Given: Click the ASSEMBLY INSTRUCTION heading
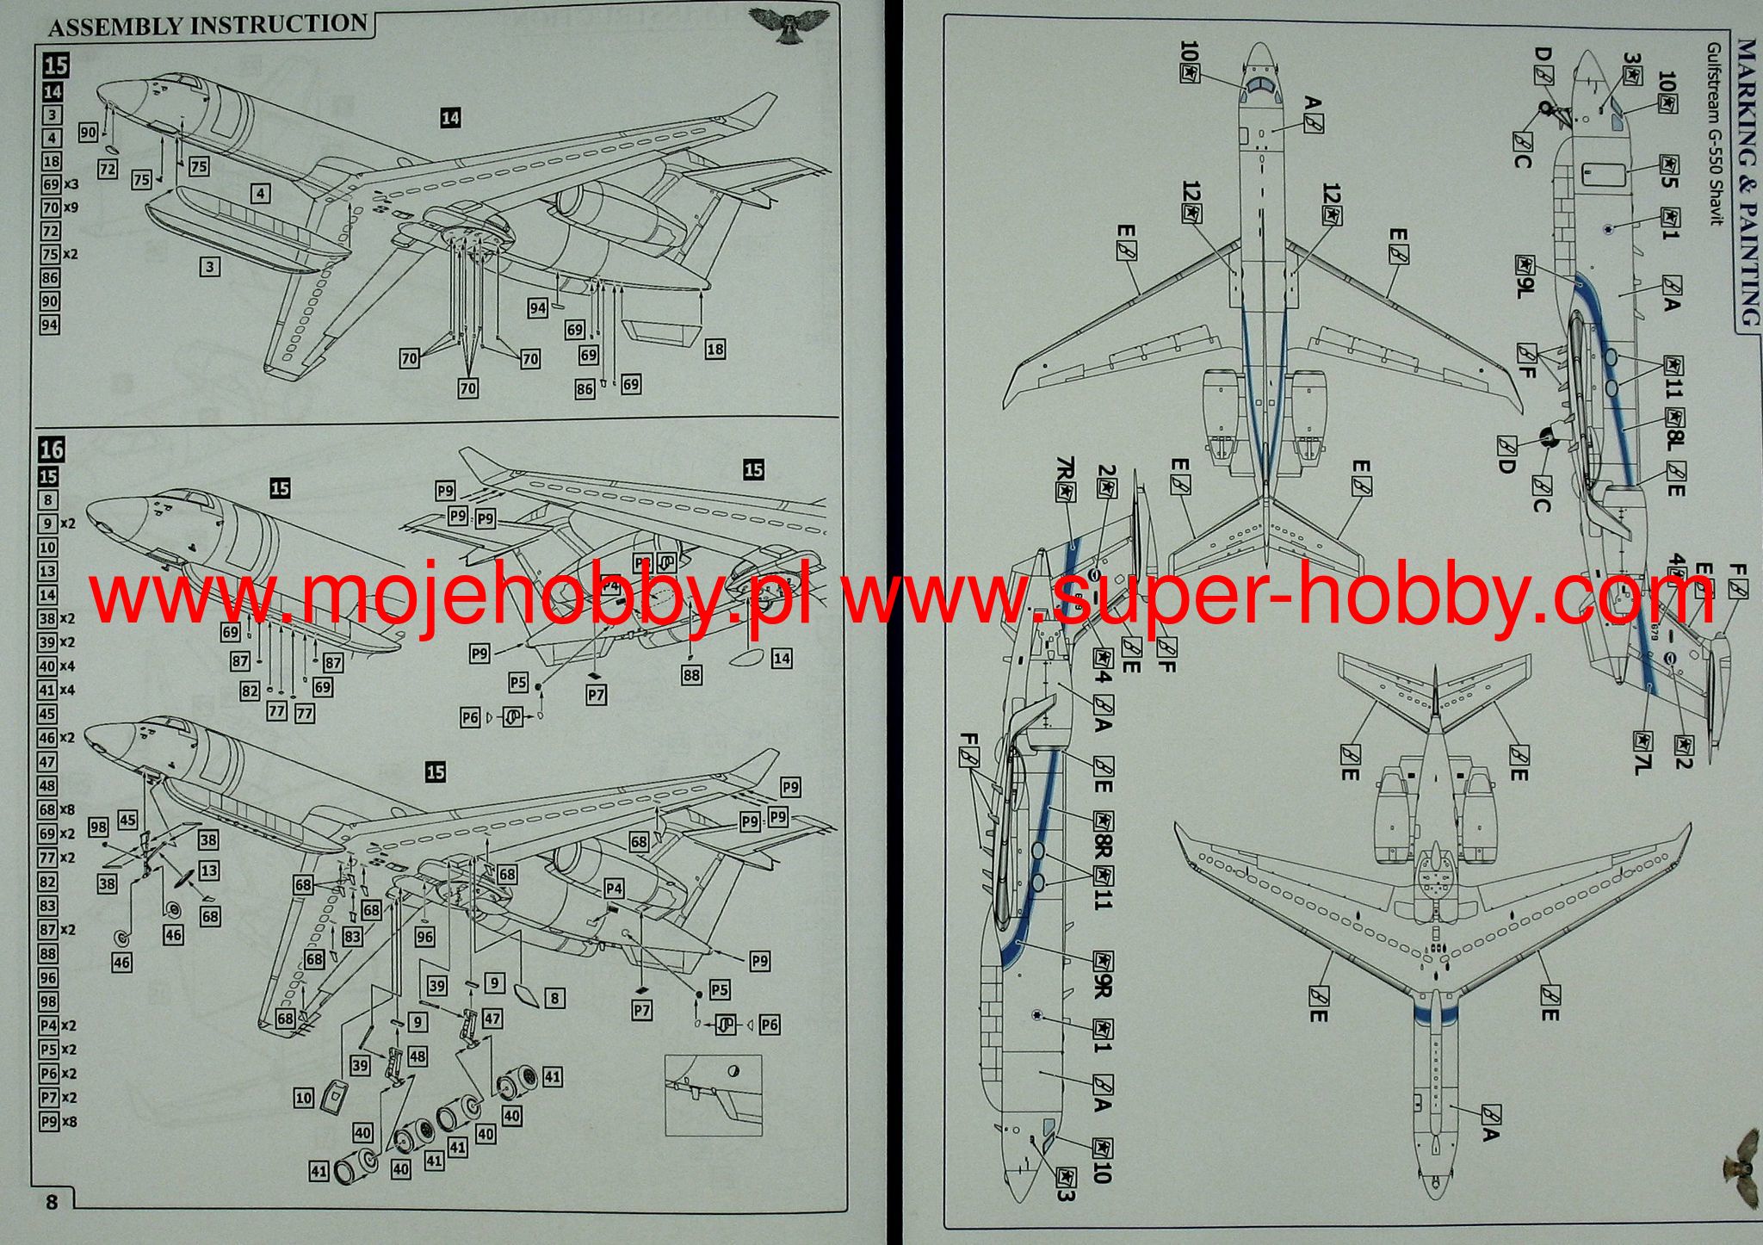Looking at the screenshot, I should point(207,25).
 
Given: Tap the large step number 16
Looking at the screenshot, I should point(52,449).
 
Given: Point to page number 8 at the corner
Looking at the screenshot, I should point(52,1201).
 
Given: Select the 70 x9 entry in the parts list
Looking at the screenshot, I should point(59,207).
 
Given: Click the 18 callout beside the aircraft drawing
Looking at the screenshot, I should point(714,349).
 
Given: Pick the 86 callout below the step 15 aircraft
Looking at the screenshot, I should point(585,389).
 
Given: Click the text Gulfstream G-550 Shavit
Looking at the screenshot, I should point(1715,133).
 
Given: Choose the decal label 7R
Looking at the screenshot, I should point(1065,477).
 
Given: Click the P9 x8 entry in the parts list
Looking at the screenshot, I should point(59,1122).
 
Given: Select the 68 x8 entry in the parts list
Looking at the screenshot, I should point(59,809).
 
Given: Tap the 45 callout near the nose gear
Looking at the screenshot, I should point(127,820).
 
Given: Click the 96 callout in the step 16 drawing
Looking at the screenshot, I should point(424,937).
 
